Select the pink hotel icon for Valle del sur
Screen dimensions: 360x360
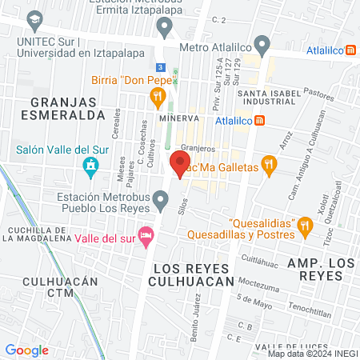pyautogui.click(x=146, y=235)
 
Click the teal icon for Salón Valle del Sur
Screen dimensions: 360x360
pyautogui.click(x=90, y=166)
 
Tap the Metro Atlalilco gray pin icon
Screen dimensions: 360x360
pyautogui.click(x=262, y=43)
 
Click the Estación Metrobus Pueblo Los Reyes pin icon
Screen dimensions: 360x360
pyautogui.click(x=161, y=198)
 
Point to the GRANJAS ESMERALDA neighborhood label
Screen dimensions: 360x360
pyautogui.click(x=67, y=108)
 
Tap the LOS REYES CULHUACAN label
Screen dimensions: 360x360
pyautogui.click(x=191, y=274)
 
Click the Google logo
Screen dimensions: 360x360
pyautogui.click(x=27, y=350)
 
